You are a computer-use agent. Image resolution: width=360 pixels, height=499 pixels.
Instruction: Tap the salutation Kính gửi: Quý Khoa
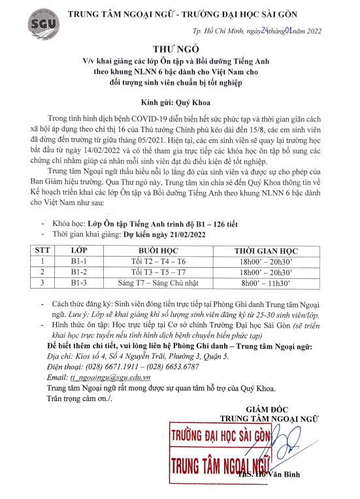pyautogui.click(x=180, y=103)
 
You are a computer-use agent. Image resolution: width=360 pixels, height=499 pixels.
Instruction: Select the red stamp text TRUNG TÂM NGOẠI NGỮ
pyautogui.click(x=219, y=464)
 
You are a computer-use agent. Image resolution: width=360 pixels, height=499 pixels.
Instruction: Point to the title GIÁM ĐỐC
pyautogui.click(x=268, y=409)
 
